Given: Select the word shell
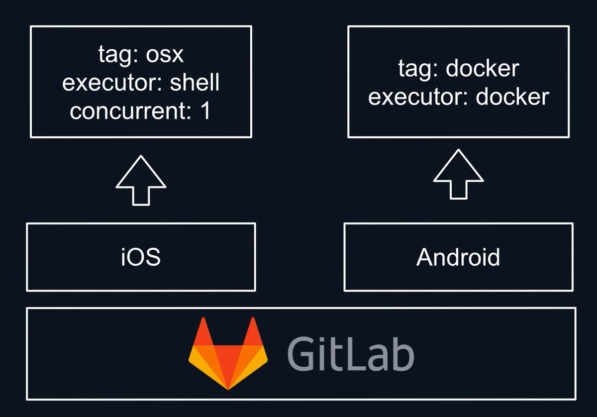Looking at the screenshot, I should (x=195, y=83).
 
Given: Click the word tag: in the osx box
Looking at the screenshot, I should (x=117, y=55).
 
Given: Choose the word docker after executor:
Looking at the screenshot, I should (x=512, y=97).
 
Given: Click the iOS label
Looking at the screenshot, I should (x=141, y=257).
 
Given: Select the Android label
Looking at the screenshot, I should (x=458, y=257).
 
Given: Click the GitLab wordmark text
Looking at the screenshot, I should (x=350, y=353).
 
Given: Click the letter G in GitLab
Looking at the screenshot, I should (x=301, y=354).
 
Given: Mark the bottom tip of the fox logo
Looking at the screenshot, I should (x=228, y=387).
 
